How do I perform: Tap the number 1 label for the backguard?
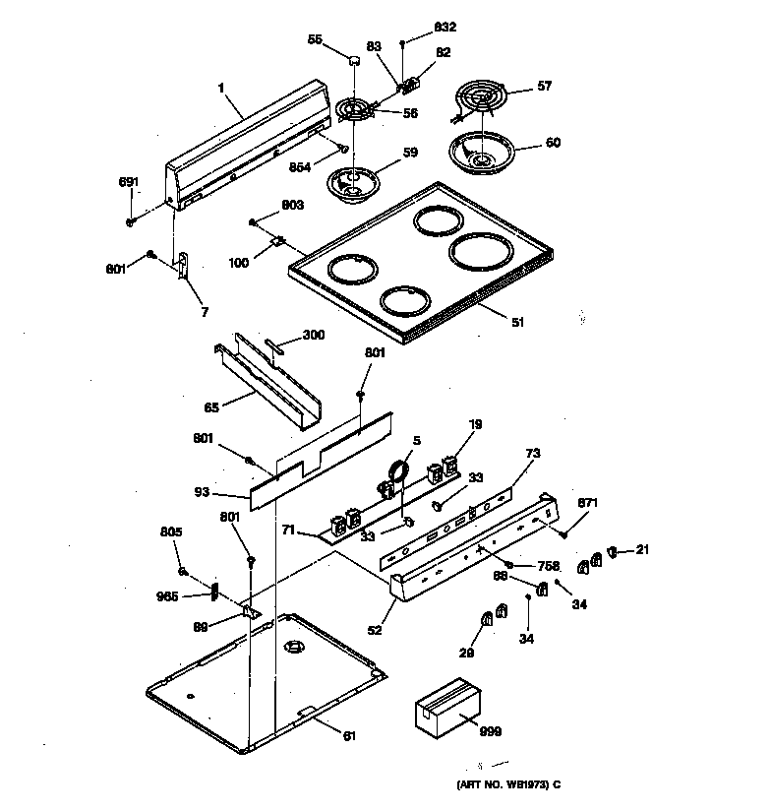(x=222, y=88)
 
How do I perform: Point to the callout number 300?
(x=313, y=336)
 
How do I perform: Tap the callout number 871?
(x=586, y=503)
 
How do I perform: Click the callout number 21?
(x=642, y=549)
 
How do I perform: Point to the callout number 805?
(x=171, y=532)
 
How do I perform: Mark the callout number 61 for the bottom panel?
(x=349, y=734)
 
